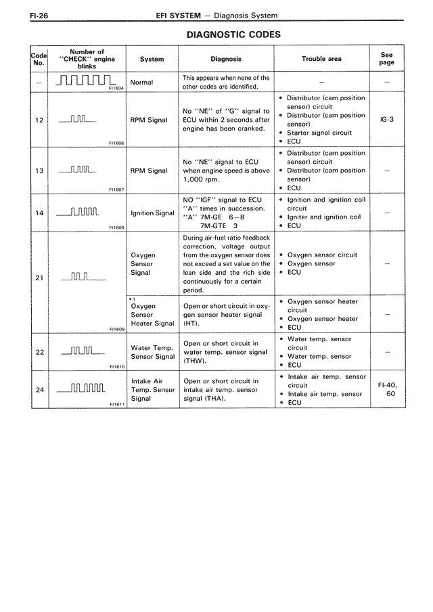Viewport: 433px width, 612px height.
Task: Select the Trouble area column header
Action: (321, 59)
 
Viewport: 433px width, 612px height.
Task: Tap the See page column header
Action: (387, 59)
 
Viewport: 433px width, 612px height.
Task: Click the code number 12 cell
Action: (39, 120)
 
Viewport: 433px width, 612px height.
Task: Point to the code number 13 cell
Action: (39, 171)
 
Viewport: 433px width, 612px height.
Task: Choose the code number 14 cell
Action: (39, 213)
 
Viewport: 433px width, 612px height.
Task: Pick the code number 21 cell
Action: (39, 278)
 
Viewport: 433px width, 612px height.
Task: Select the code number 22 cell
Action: (39, 352)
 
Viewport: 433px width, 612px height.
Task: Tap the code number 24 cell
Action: (39, 390)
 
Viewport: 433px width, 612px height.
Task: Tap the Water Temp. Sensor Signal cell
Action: (152, 352)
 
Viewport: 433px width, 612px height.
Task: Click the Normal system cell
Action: (141, 83)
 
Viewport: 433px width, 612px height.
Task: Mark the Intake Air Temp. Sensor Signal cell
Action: (152, 390)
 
